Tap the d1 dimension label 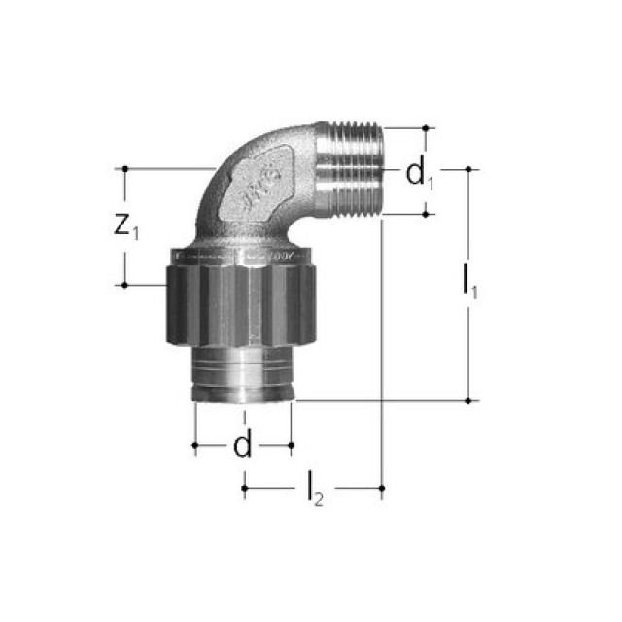(x=418, y=175)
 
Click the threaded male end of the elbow (x=351, y=169)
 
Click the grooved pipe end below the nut (x=244, y=375)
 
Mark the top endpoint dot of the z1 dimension (x=125, y=168)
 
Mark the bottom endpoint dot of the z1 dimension (x=125, y=285)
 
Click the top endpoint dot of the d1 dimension (x=426, y=127)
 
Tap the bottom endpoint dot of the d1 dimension (x=426, y=214)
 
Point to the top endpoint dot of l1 (x=468, y=168)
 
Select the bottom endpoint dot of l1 (x=468, y=399)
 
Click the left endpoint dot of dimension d (x=195, y=446)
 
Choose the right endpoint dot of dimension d (x=292, y=446)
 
